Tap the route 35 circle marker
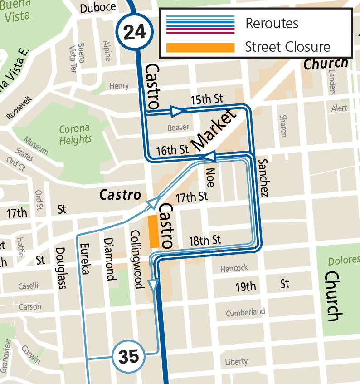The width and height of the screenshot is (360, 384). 128,357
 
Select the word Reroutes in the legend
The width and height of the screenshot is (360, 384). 272,23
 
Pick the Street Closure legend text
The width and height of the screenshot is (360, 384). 287,47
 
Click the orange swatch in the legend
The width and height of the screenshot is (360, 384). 200,47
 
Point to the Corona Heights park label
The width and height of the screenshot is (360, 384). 75,134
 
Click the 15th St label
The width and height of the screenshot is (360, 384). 207,99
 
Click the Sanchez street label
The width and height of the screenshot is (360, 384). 263,177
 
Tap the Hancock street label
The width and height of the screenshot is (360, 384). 234,268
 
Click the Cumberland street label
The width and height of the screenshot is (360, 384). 245,312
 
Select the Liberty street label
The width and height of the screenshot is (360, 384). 236,362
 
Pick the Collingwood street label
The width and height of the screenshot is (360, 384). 136,259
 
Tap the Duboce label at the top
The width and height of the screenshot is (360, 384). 98,8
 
